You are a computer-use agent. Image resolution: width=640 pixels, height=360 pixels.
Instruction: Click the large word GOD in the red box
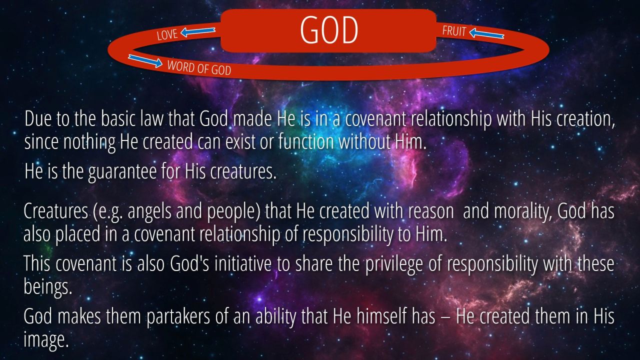coord(329,29)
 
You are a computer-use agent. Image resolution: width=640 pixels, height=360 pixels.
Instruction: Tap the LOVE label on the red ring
coord(167,34)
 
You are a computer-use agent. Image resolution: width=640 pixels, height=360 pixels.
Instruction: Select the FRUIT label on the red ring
coord(454,31)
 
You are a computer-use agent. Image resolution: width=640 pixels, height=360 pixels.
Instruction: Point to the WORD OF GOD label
coord(199,68)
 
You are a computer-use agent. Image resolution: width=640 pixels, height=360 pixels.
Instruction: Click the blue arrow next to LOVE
coord(197,31)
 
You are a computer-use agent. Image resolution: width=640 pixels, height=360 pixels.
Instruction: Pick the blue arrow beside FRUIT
coord(486,33)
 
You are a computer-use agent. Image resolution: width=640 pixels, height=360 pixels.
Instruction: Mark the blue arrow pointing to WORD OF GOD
coord(145,61)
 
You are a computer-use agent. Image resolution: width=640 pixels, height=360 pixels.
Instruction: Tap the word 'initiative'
coord(242,264)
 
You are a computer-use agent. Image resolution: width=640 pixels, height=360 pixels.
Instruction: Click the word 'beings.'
coord(47,287)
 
